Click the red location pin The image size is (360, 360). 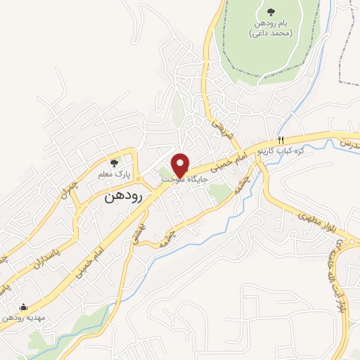pos(181,165)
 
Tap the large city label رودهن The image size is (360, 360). pos(122,197)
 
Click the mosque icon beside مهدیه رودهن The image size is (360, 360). pos(25,307)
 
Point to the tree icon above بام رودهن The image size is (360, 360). pos(271,11)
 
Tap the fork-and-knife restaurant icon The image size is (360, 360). pos(281,139)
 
